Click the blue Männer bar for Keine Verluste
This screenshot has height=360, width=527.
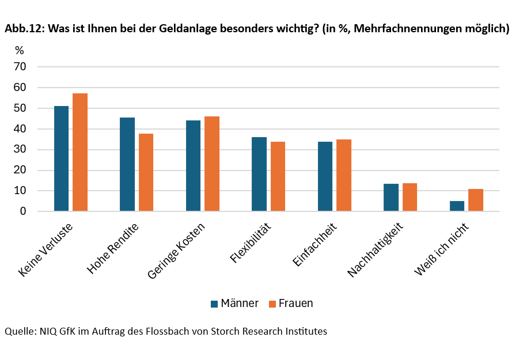[61, 158]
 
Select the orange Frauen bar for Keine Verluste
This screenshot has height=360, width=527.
[80, 152]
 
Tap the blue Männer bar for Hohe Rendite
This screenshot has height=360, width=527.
[127, 164]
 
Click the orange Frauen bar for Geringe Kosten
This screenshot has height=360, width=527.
[212, 164]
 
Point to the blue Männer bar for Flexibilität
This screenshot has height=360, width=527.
[259, 174]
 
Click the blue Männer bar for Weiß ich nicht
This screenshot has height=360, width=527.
[457, 206]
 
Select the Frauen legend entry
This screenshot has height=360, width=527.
[290, 303]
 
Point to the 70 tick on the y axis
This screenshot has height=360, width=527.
[20, 67]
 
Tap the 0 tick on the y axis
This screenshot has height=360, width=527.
[24, 211]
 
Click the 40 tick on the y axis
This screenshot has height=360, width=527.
[20, 129]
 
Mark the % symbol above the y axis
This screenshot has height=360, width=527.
[20, 51]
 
